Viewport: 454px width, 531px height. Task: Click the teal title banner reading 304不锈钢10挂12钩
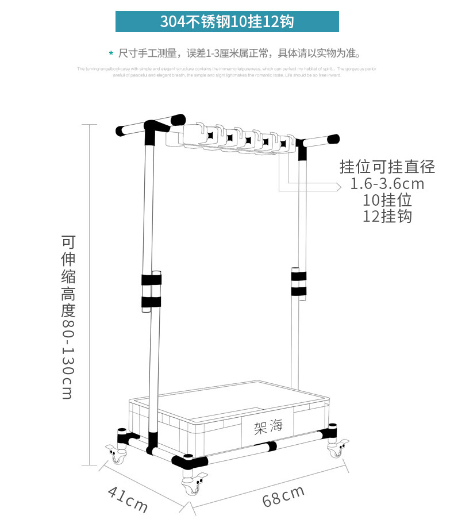pos(227,22)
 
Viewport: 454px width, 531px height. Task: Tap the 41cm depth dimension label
pos(128,498)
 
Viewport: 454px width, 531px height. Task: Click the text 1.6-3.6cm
pos(387,184)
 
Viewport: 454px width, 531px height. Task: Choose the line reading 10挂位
pos(387,201)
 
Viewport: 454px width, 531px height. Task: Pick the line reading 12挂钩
pos(387,217)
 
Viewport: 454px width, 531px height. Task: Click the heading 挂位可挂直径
pos(387,167)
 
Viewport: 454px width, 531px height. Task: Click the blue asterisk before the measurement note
pos(111,54)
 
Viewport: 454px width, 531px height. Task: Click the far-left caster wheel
pos(117,457)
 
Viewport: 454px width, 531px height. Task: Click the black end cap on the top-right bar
pos(333,138)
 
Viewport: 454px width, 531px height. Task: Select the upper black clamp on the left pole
pos(152,280)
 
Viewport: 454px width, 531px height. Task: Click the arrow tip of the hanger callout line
pos(338,186)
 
